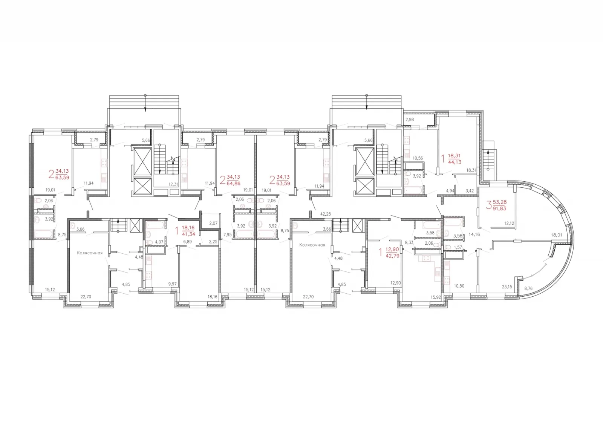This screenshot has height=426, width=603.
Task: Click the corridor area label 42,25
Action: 326,214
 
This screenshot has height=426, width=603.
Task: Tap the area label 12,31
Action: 174,184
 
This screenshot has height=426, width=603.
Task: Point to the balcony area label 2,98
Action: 409,120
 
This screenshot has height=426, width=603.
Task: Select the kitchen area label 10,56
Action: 418,158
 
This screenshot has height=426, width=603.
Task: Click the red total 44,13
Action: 455,162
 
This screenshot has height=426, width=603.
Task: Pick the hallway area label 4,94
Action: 450,191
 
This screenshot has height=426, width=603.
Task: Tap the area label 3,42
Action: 470,191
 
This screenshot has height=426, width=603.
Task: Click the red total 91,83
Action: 499,208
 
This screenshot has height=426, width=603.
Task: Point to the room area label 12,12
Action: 509,223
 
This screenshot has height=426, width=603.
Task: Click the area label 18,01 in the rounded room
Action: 556,235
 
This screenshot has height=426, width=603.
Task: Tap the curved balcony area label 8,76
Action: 528,288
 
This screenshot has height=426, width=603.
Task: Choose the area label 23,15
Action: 507,287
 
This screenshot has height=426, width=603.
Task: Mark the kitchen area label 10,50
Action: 459,286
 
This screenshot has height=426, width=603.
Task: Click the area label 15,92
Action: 436,297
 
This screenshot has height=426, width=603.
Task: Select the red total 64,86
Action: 233,184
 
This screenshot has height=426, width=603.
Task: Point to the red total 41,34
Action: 188,234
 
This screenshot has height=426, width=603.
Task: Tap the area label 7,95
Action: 228,235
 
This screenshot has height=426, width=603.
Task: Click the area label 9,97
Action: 172,284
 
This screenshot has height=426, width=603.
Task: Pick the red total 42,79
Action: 392,256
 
